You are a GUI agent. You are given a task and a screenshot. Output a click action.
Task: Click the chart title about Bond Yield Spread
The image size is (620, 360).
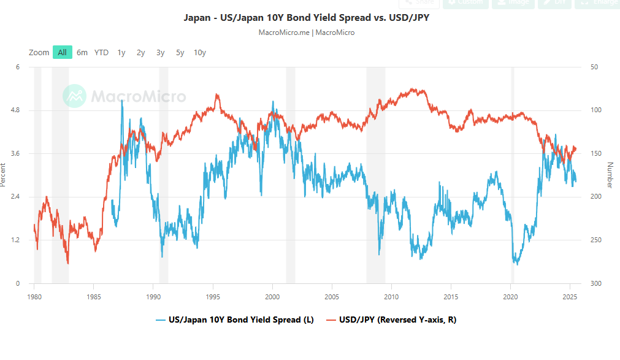point(307,17)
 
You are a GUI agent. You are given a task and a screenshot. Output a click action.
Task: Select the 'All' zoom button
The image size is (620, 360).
point(62,53)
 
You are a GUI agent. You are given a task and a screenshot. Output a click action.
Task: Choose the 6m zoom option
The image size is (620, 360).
point(82,53)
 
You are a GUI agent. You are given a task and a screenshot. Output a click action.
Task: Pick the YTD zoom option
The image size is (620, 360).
point(101,53)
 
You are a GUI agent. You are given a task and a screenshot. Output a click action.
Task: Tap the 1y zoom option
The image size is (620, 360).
point(121,53)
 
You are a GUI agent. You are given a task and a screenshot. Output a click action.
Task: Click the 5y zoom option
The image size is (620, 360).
point(180,53)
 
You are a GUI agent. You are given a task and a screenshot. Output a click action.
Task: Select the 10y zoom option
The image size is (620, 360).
point(199,53)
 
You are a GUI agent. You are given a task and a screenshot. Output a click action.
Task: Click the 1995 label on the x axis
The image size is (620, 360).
point(212,296)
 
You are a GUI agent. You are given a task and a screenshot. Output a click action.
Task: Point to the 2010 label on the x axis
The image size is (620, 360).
point(391,296)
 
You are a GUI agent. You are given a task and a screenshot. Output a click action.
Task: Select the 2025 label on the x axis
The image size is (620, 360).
point(570,296)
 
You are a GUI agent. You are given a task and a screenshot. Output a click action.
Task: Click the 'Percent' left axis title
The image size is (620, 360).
point(4,175)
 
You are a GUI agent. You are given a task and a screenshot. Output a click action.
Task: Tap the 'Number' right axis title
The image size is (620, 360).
point(610,175)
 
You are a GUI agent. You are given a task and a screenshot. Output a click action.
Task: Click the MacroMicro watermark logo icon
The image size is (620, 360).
point(75,96)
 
